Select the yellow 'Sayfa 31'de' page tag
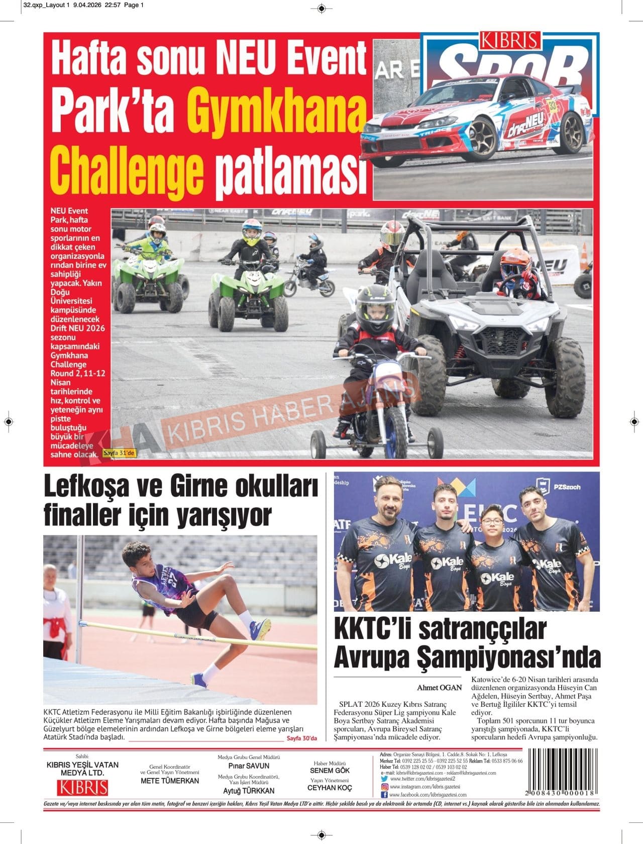(x=119, y=453)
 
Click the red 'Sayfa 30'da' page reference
(x=302, y=738)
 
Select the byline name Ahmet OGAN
(x=439, y=687)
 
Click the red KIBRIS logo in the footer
(x=82, y=787)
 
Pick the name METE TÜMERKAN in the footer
(x=170, y=781)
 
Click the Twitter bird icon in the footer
(x=384, y=779)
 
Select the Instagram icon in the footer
(x=384, y=787)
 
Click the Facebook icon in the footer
(x=384, y=795)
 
